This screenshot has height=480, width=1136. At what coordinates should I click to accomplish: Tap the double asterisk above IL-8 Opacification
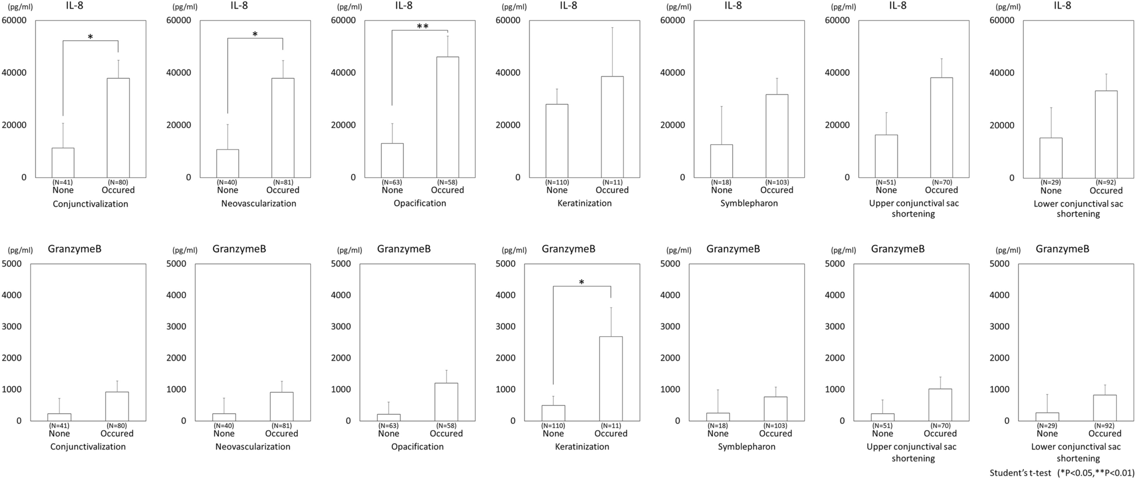tap(422, 27)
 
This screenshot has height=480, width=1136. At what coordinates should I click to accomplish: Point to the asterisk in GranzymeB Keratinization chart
tap(582, 282)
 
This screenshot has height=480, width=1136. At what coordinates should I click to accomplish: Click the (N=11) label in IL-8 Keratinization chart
tap(612, 182)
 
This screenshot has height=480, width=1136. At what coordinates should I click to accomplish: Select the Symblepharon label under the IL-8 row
tap(749, 203)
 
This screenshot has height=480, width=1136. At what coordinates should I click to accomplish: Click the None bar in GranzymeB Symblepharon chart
tap(718, 417)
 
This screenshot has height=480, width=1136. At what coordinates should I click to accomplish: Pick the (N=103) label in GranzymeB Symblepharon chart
tap(775, 426)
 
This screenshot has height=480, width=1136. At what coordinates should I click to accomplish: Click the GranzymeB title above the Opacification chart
tap(404, 248)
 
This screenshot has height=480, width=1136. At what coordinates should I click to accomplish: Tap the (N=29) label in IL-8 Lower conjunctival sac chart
tap(1050, 182)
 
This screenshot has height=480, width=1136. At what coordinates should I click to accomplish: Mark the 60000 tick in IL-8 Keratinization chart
tap(508, 20)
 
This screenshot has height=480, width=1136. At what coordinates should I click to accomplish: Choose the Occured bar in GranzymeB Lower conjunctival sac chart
tap(1104, 408)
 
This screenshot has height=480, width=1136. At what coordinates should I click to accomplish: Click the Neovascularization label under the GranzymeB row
tap(253, 447)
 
